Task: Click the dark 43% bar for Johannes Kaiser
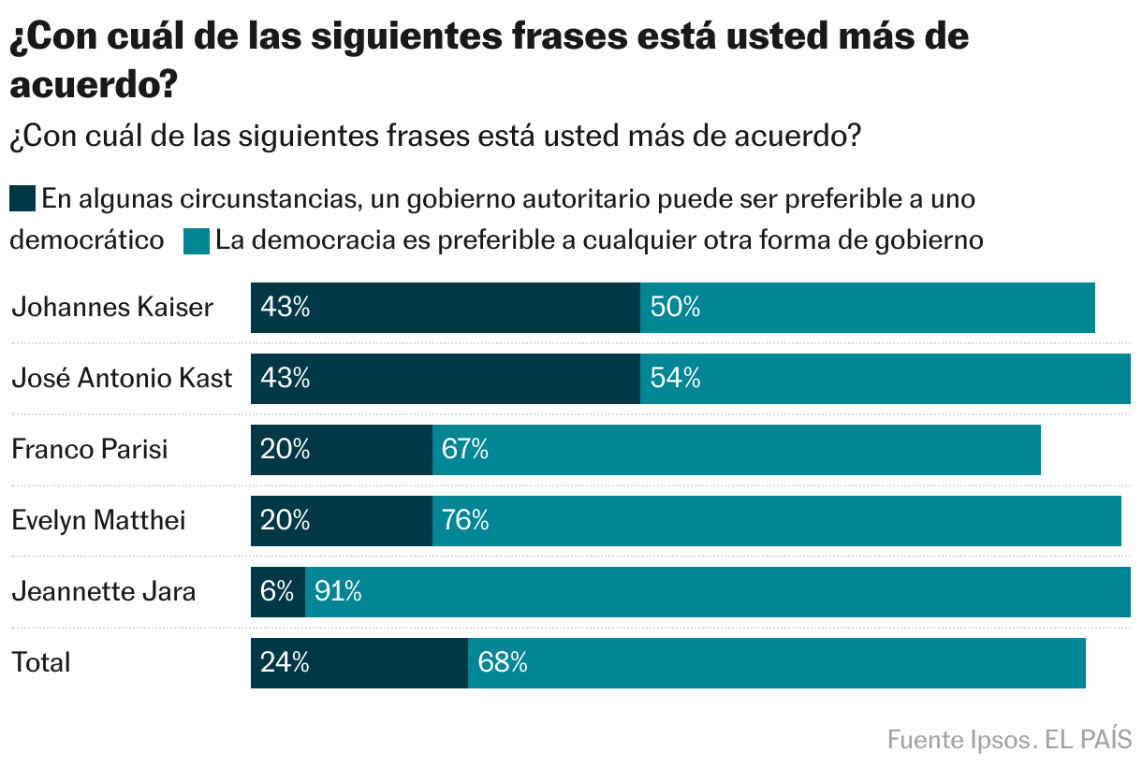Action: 445,308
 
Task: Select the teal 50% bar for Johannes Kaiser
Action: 867,308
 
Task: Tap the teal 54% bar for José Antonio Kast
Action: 885,379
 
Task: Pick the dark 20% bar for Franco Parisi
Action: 341,450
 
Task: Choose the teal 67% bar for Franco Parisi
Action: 736,450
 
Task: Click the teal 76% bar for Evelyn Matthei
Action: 776,521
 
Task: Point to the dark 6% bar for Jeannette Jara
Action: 277,592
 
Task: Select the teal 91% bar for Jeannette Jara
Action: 717,592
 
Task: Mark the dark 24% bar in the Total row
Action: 359,663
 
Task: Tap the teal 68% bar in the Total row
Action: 776,663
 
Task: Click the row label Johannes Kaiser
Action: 112,308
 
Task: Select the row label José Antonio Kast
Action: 122,379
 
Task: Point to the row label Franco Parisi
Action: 90,450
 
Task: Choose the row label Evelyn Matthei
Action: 98,521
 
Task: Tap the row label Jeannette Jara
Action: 104,592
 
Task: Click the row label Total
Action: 41,663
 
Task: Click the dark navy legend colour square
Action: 22,199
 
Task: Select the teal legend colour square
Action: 197,240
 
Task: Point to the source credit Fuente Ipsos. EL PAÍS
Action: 1009,739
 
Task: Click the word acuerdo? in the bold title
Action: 94,85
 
